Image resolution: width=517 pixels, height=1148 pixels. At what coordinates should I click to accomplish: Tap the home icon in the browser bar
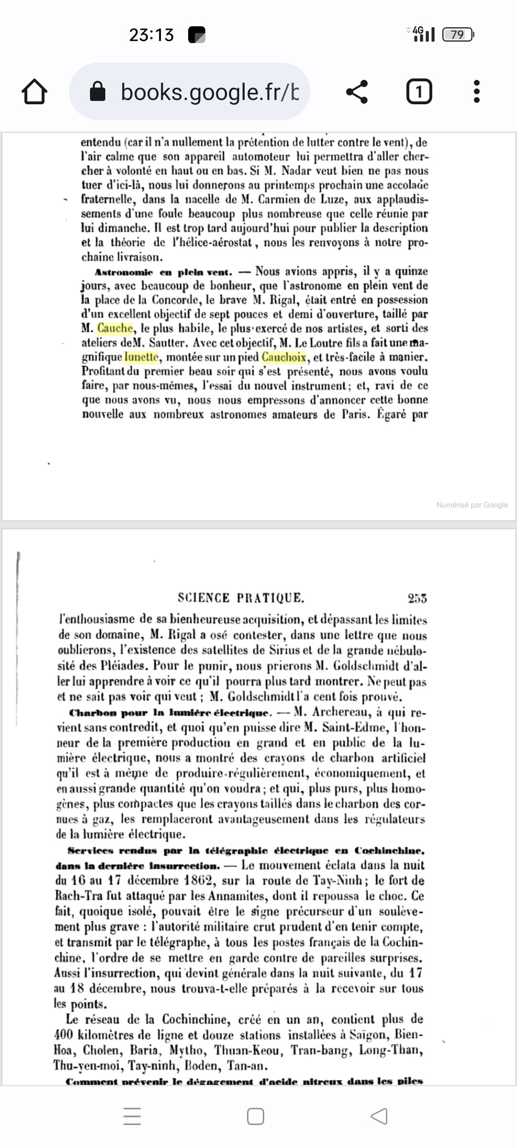34,91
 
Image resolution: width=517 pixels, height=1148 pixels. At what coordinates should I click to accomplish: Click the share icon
357,91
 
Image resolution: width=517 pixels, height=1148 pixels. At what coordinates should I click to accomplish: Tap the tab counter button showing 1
419,91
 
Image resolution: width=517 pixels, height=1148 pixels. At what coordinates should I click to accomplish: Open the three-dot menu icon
476,91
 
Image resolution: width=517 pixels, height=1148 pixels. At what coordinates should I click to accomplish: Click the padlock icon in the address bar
98,91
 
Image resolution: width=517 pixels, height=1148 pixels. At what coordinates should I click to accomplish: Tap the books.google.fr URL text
210,92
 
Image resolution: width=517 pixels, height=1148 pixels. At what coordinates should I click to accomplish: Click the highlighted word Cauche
115,328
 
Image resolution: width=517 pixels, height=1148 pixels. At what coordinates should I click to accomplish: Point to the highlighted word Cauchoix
284,357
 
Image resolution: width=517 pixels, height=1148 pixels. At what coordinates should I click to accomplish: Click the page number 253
417,598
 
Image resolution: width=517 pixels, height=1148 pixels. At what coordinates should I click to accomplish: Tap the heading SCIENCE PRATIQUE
241,598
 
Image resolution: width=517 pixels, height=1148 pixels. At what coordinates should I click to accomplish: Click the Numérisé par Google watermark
472,505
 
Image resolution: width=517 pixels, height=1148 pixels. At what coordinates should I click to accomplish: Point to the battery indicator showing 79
458,34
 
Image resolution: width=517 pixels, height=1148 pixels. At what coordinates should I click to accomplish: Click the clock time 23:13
151,35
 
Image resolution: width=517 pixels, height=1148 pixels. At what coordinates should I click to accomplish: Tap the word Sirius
286,651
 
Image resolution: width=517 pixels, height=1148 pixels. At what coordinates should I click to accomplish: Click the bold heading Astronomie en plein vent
163,272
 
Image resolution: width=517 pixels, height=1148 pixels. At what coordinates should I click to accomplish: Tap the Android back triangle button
379,1116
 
